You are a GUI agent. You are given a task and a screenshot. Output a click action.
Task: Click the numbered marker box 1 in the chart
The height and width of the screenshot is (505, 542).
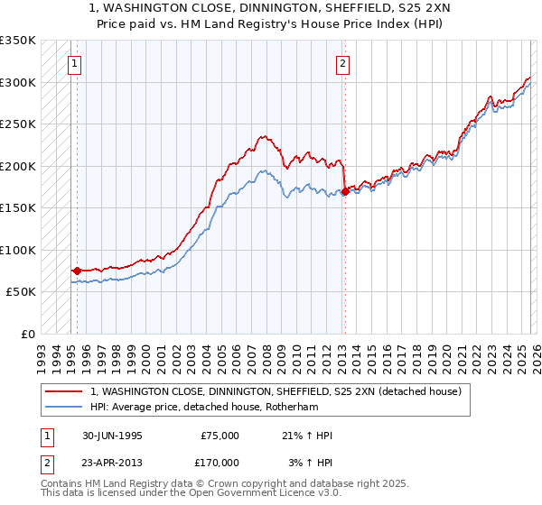(x=73, y=64)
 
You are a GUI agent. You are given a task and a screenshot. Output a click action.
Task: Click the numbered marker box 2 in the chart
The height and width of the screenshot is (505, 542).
(x=343, y=64)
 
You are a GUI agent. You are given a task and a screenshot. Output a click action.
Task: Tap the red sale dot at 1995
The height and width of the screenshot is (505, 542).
(x=77, y=270)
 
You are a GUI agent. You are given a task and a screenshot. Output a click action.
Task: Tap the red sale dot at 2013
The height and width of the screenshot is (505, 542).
(x=344, y=191)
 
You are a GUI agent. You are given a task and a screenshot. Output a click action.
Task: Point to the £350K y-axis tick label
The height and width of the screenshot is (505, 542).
(x=18, y=41)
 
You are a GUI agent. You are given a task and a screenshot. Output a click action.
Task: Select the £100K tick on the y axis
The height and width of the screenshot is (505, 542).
(x=18, y=250)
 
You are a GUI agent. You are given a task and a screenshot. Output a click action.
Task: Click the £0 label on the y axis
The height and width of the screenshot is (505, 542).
(x=27, y=334)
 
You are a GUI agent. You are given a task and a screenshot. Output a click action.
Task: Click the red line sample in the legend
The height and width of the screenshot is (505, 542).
(x=64, y=391)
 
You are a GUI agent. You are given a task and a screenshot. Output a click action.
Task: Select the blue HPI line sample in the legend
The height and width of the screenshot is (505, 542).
(x=64, y=407)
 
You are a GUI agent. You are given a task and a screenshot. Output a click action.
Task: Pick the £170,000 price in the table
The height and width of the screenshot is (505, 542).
(x=220, y=463)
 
